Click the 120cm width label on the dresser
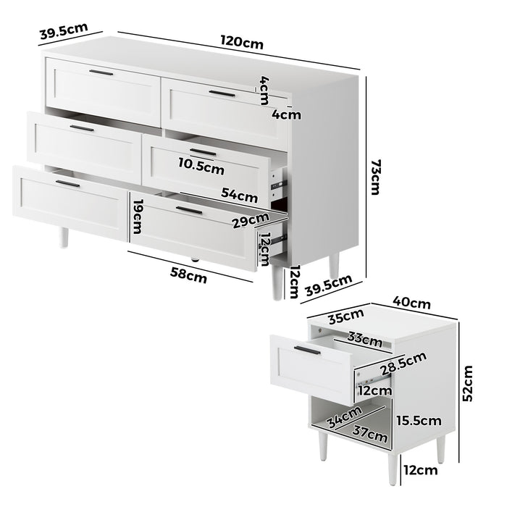coord(242,43)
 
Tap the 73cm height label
coord(374,177)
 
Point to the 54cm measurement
coord(239,195)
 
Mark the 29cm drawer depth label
coord(251,221)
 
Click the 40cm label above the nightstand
coord(411,302)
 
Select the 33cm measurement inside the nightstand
coord(364,338)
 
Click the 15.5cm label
coord(419,420)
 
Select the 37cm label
coord(369,434)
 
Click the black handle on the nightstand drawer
coord(307,351)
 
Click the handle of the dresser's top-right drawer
coord(222,93)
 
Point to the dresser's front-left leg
coord(64,237)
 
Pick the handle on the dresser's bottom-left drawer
coord(67,184)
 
